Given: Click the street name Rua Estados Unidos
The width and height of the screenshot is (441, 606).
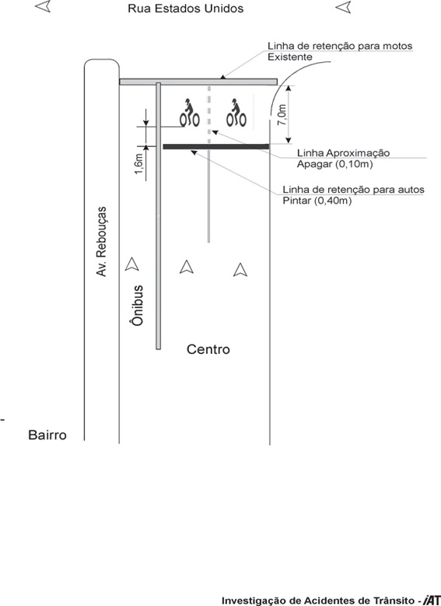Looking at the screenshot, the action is point(186,9).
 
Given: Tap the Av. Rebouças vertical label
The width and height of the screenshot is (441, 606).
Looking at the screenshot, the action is point(101,242).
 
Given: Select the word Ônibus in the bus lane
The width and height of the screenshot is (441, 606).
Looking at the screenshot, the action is point(137,305).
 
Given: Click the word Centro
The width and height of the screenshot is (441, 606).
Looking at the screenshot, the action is point(208,349).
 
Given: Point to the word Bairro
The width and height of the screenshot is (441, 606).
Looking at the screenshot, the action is point(47,435).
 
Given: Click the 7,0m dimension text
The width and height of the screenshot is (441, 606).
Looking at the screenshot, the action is point(282,115).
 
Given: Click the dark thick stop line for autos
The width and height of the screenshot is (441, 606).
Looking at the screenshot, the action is point(216,146).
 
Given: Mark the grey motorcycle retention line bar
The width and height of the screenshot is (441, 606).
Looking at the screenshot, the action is point(198,82).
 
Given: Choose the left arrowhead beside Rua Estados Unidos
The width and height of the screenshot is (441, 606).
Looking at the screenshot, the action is point(43,6).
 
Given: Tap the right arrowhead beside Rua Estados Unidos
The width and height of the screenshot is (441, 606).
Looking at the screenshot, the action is point(343,7).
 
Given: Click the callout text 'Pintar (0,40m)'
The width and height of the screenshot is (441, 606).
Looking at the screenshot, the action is point(317,201).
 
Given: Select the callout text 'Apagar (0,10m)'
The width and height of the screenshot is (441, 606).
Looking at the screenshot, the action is point(334,164).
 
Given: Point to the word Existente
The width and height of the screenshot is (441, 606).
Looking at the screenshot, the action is point(290,58).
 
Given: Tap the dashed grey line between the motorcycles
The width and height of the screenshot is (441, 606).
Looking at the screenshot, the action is point(209,114).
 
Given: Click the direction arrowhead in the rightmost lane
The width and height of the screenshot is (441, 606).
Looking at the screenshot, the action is point(240,270).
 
